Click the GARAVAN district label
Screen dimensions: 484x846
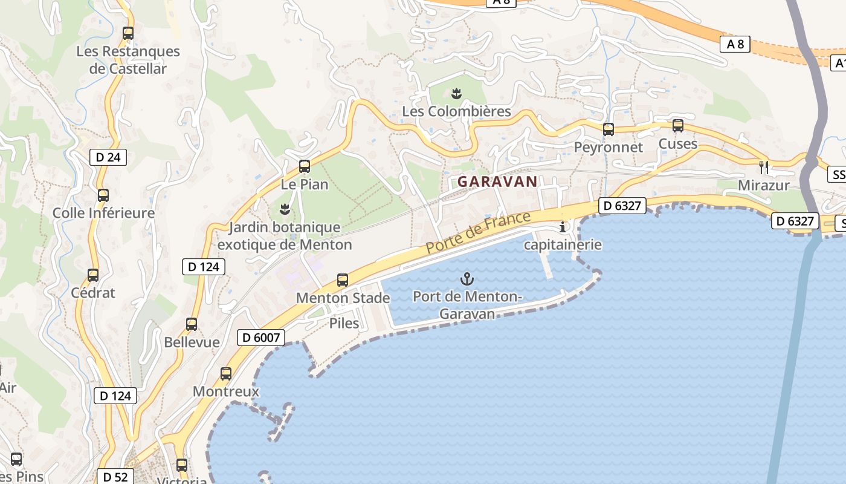497,181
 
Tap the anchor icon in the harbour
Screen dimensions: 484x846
467,279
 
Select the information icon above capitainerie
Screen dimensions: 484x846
563,227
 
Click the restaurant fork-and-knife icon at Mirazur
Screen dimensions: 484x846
764,167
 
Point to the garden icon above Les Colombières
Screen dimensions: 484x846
456,93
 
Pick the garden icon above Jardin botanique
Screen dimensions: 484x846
284,209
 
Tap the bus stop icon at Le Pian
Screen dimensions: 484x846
305,166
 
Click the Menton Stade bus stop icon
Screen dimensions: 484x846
343,280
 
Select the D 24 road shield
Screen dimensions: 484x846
108,157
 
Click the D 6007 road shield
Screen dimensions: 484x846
260,338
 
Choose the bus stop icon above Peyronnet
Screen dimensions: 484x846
609,129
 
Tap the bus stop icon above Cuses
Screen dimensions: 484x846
678,126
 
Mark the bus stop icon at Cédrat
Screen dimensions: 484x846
93,275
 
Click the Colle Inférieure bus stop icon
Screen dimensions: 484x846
103,195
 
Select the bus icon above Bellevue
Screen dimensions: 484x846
192,324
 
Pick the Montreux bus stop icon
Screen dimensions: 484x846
226,374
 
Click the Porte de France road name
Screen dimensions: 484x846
478,232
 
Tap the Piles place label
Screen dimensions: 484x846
344,323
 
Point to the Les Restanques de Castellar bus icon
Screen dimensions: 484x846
128,33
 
